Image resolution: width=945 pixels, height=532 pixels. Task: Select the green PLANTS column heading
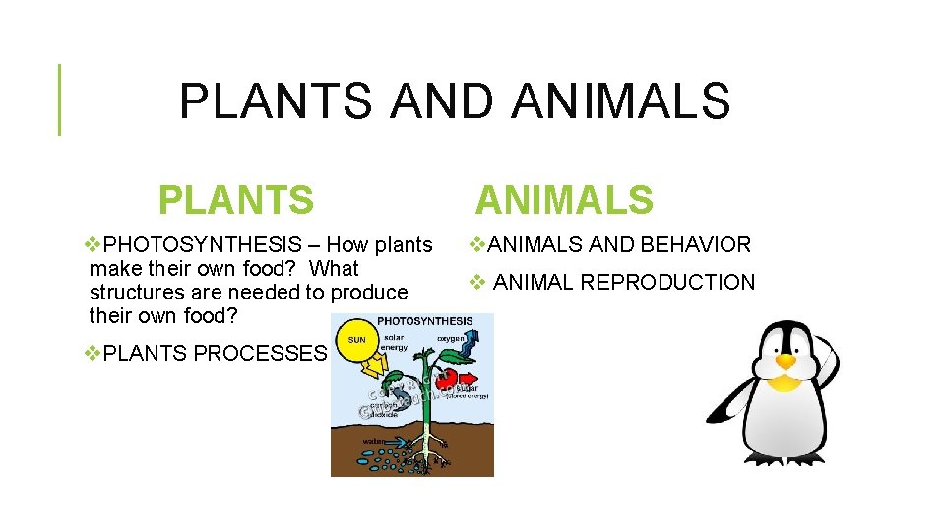point(236,200)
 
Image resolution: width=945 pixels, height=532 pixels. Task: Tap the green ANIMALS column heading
point(564,200)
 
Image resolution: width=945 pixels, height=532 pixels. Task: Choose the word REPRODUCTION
point(667,283)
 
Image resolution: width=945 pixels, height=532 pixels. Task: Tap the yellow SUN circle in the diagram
point(356,340)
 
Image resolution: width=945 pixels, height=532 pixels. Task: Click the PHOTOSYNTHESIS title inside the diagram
point(425,321)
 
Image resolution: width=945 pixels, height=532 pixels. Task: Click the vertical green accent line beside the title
point(59,99)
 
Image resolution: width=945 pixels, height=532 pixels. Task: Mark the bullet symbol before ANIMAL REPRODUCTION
point(477,283)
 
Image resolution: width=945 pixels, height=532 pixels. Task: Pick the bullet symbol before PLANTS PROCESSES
point(94,353)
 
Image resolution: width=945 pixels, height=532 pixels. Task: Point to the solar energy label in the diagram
point(395,343)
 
